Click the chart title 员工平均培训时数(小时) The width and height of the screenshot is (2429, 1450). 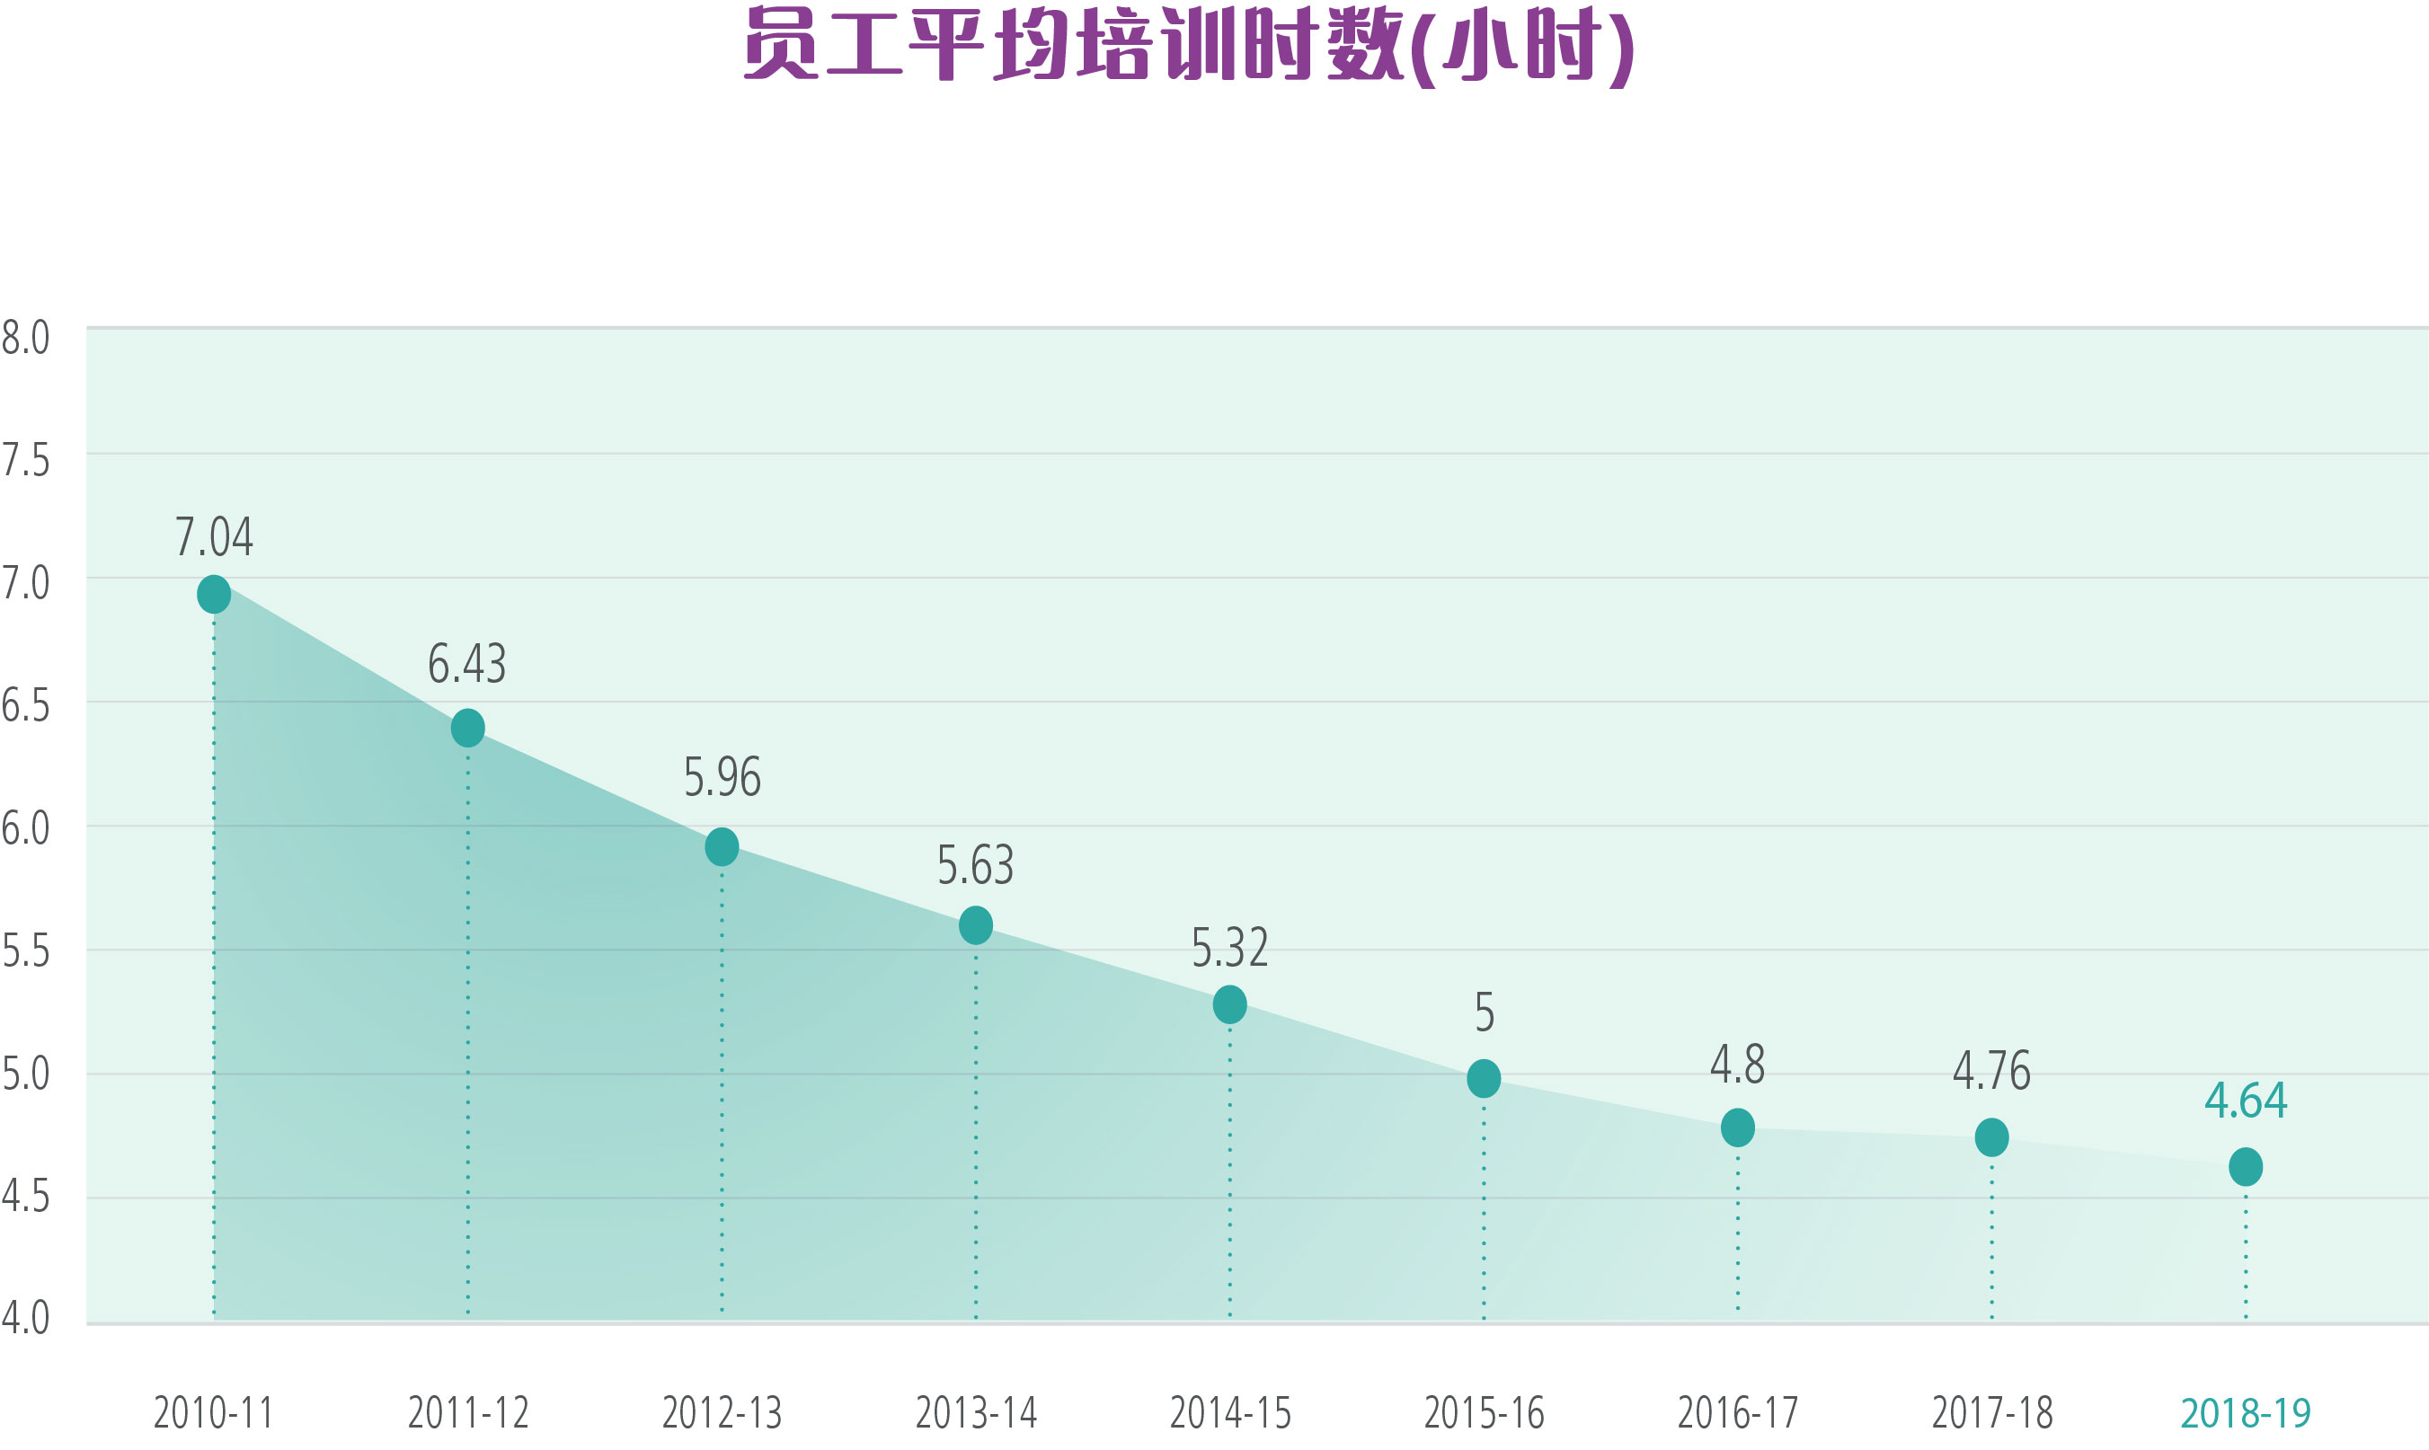(x=1189, y=46)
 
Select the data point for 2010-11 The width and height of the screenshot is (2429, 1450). (x=214, y=594)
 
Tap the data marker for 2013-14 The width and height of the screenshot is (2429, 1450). (x=975, y=925)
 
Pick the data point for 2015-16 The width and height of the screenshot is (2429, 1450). (x=1484, y=1079)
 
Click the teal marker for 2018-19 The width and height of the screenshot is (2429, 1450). (x=2246, y=1167)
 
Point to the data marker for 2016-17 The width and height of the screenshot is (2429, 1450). (x=1737, y=1127)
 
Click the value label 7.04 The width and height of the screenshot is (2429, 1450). (x=214, y=536)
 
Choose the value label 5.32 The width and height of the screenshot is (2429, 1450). (x=1229, y=948)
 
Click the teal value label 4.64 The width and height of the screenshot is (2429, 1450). (x=2246, y=1101)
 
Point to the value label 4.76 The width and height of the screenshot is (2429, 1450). (x=1991, y=1071)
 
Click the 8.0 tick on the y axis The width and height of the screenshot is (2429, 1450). (x=25, y=338)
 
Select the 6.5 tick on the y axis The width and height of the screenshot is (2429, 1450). (x=25, y=705)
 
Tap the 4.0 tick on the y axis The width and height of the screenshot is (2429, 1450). (x=25, y=1318)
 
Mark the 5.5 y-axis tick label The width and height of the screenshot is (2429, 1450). (x=25, y=950)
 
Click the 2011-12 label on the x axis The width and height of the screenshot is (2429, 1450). (x=468, y=1413)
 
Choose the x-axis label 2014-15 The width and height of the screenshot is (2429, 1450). (x=1230, y=1413)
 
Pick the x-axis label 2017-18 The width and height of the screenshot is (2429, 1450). (x=1992, y=1413)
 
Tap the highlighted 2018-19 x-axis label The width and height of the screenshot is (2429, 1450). (x=2246, y=1413)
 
